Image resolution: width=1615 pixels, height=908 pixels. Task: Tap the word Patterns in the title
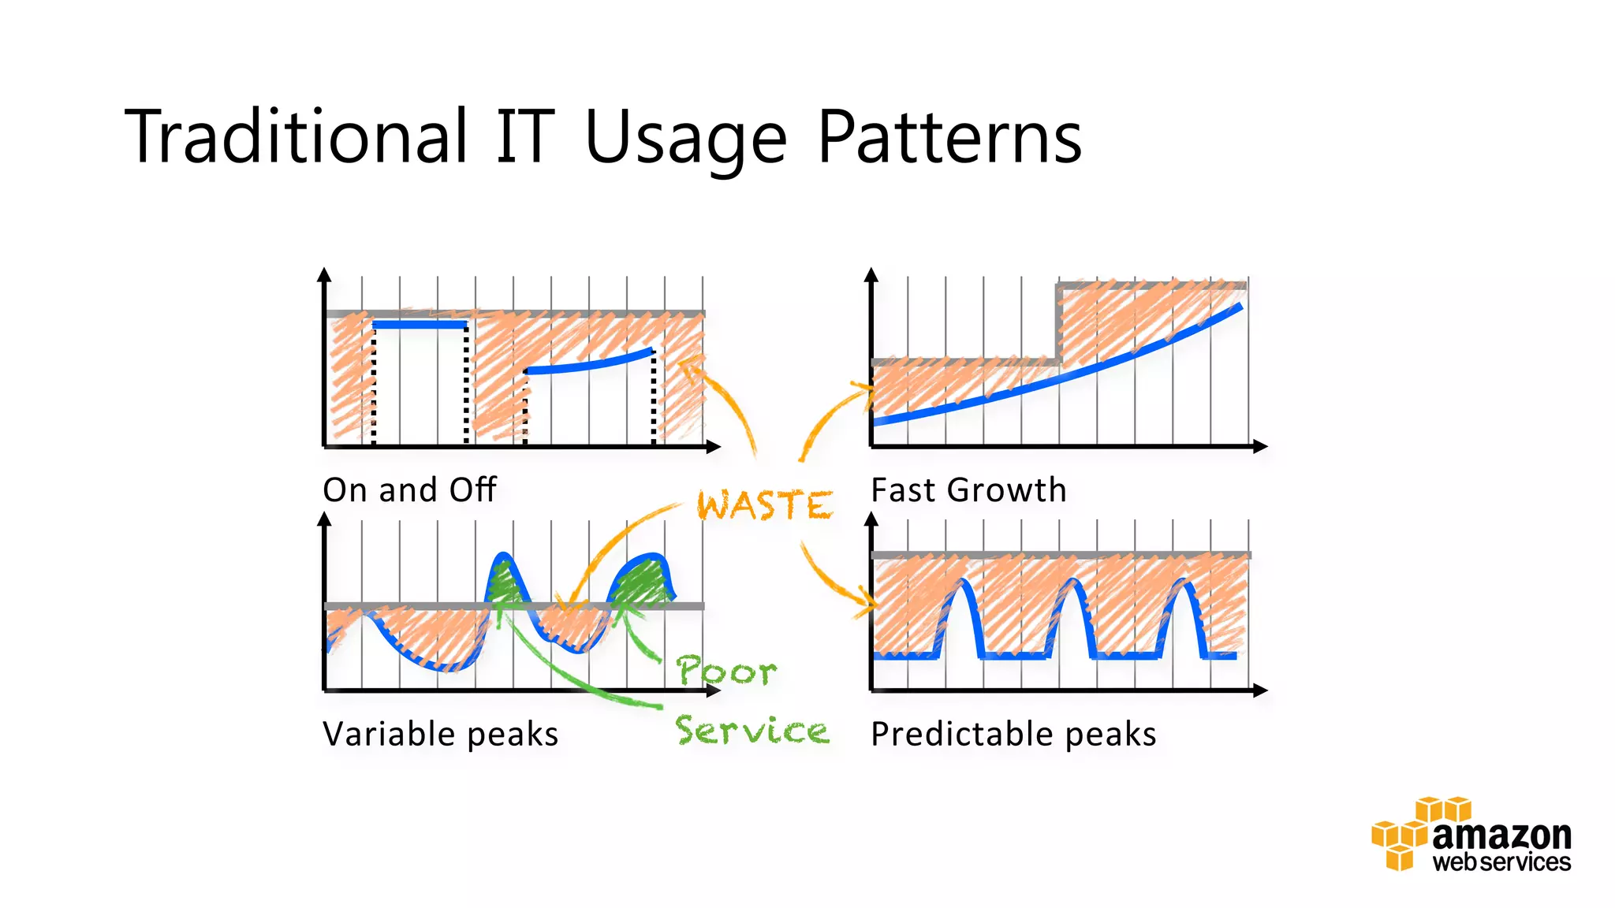click(949, 138)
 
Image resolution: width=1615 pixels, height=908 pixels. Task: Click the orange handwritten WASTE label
click(764, 504)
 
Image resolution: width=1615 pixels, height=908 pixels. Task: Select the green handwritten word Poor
click(726, 671)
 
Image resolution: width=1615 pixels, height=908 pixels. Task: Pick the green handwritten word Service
click(752, 731)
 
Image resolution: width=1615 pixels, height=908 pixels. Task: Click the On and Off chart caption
click(409, 489)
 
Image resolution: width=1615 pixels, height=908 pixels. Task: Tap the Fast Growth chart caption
click(968, 489)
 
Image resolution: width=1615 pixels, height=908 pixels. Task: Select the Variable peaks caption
click(440, 734)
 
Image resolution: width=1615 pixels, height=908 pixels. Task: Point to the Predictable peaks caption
click(1013, 734)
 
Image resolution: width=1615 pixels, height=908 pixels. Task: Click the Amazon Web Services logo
click(1471, 835)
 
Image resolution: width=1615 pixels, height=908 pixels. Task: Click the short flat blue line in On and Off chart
click(419, 324)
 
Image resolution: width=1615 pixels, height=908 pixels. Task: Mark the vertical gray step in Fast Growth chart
click(1058, 323)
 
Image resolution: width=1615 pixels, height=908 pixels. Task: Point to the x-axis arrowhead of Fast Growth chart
click(1260, 446)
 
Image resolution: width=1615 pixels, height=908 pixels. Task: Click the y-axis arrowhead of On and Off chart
click(324, 274)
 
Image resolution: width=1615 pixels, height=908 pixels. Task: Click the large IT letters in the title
click(525, 138)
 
